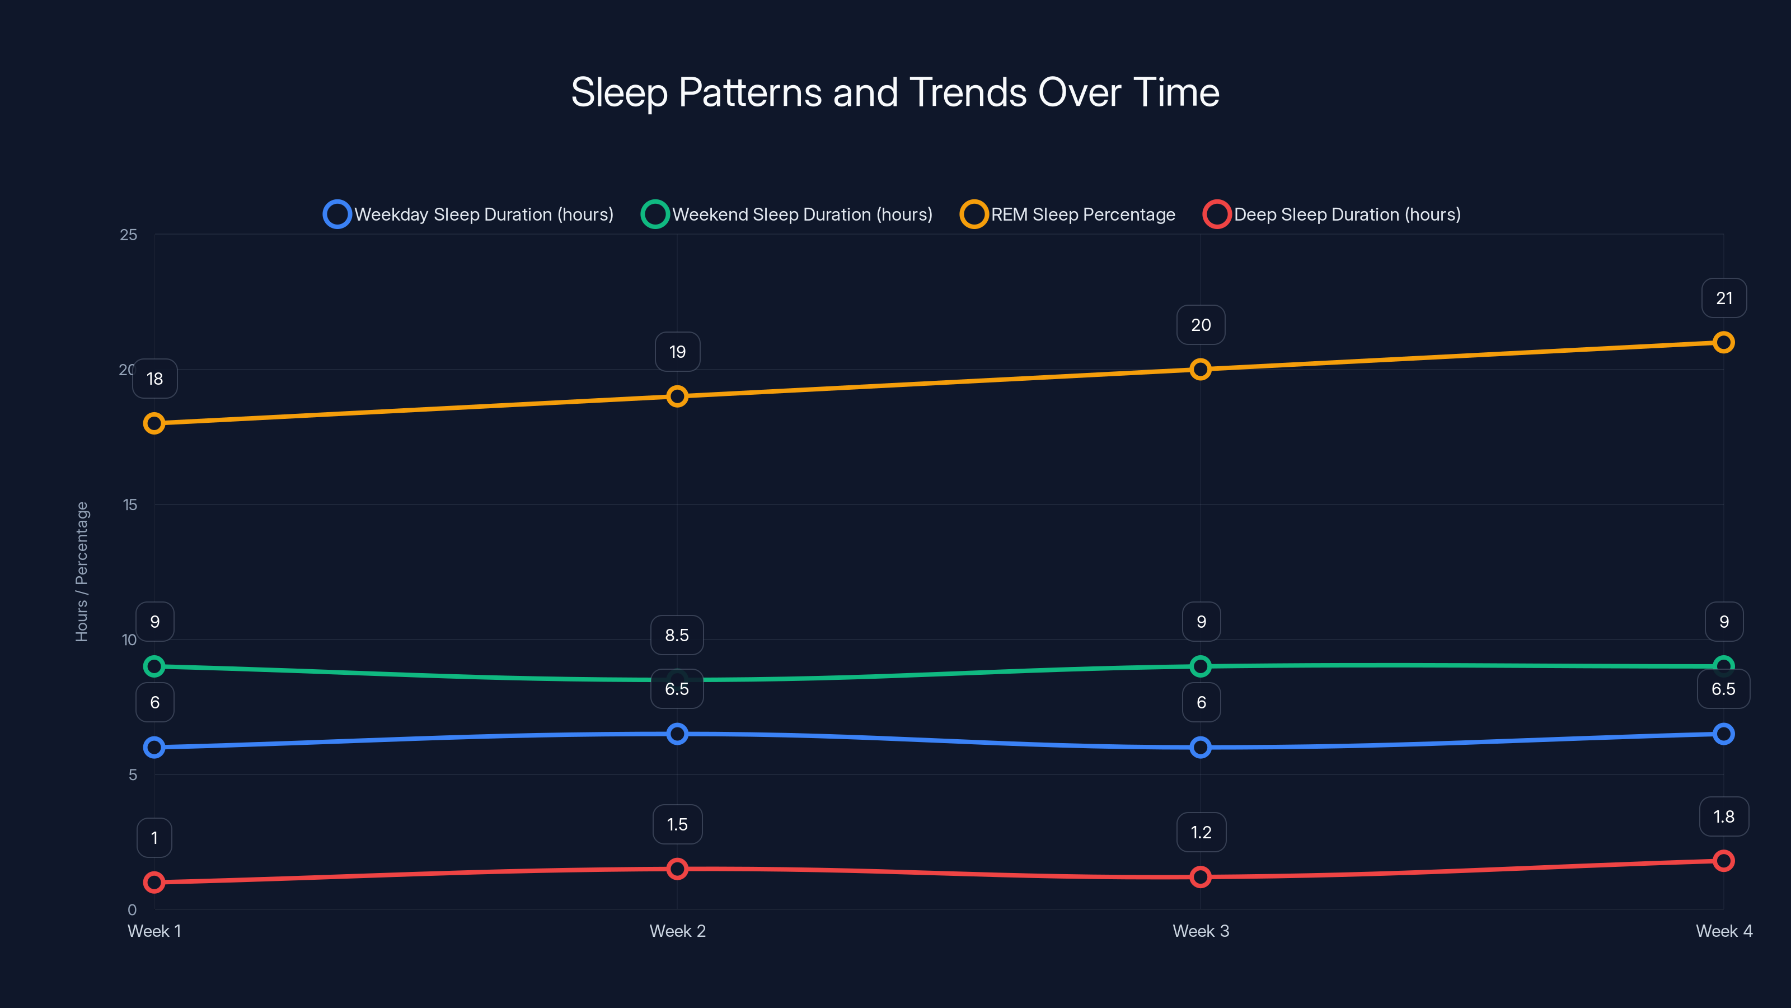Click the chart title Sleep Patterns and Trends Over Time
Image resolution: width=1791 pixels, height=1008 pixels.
point(895,92)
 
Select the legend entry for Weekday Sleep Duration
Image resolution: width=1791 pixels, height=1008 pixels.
point(470,214)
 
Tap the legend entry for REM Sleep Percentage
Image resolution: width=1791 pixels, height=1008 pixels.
point(1068,214)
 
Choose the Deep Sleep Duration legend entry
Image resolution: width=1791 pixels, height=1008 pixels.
point(1332,214)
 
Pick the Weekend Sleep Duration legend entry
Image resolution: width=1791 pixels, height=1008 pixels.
point(787,214)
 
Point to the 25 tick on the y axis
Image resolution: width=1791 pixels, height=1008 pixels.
point(129,235)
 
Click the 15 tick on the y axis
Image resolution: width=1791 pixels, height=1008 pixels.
point(130,505)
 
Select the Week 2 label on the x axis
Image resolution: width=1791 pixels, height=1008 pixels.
point(677,931)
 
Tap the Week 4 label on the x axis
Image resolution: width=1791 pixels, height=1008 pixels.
point(1724,931)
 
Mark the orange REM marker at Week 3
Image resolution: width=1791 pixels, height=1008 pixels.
point(1200,370)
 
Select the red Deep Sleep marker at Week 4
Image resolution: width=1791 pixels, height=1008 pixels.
point(1724,861)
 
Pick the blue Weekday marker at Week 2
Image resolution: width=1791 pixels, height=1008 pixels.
point(677,734)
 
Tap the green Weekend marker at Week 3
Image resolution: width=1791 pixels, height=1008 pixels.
point(1200,666)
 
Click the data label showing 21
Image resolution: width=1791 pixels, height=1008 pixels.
point(1724,298)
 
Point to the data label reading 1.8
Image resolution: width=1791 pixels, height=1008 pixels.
point(1724,816)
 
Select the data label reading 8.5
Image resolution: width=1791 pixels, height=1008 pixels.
point(677,635)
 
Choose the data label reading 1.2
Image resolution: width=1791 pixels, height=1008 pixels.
point(1201,832)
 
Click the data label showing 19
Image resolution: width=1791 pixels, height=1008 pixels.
point(677,352)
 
